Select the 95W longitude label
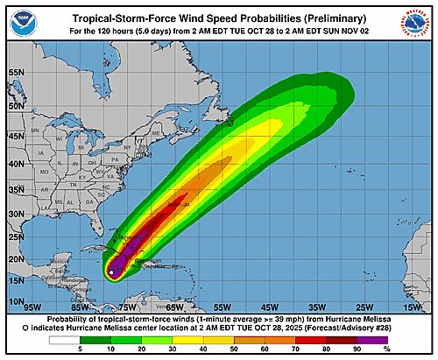point(32,307)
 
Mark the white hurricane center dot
point(111,273)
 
